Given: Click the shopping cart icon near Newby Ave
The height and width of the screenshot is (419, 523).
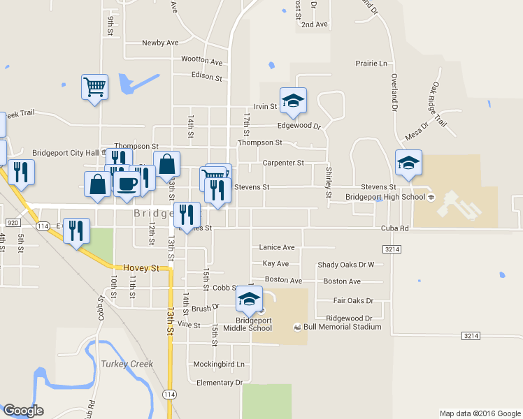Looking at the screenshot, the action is [94, 87].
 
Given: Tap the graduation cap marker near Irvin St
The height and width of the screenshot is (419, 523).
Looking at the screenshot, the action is [294, 101].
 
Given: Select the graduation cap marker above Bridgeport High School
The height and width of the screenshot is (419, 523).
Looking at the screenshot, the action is [408, 163].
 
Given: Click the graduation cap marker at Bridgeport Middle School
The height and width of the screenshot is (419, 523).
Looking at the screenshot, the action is [249, 299].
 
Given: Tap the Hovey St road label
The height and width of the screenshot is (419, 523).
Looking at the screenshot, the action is [141, 267].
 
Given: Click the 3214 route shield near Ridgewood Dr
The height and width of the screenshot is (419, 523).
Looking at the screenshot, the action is [471, 336].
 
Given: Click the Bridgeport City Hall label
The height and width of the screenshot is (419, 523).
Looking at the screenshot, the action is [66, 153].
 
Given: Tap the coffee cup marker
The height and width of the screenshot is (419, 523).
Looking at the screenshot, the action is [127, 184].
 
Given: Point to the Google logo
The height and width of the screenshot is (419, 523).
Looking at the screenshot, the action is [24, 411].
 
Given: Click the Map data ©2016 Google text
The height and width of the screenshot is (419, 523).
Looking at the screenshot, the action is [479, 413].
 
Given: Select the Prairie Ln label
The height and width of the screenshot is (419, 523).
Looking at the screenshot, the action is [371, 64].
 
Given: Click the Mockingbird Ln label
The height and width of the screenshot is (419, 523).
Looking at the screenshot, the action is [219, 365].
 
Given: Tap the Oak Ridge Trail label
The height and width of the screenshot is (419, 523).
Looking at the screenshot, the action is [438, 105].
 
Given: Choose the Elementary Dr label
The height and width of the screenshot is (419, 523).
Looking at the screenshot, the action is [219, 383].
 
